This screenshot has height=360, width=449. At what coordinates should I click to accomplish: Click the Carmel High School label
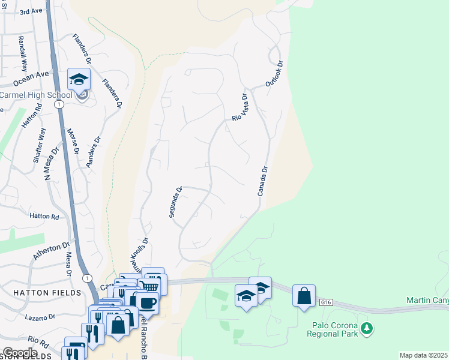pyautogui.click(x=36, y=95)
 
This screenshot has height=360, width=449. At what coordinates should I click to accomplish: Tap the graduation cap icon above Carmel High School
pyautogui.click(x=79, y=79)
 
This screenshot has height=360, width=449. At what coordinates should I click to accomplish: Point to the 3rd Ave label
pyautogui.click(x=32, y=11)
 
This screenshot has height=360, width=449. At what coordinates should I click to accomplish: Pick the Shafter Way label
pyautogui.click(x=38, y=146)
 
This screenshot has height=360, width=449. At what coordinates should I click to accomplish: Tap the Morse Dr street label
pyautogui.click(x=73, y=142)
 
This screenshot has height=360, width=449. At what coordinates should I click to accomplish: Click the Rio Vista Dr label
pyautogui.click(x=240, y=107)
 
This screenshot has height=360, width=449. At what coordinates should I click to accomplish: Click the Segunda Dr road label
pyautogui.click(x=175, y=203)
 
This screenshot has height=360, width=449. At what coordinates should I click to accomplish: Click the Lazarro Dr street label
pyautogui.click(x=40, y=316)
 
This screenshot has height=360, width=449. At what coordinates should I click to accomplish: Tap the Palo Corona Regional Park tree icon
pyautogui.click(x=366, y=329)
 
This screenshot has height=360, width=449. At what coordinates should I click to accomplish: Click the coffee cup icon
pyautogui.click(x=147, y=302)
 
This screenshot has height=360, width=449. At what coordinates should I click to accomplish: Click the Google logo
pyautogui.click(x=20, y=353)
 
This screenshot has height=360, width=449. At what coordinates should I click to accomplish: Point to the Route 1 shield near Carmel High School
pyautogui.click(x=59, y=104)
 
